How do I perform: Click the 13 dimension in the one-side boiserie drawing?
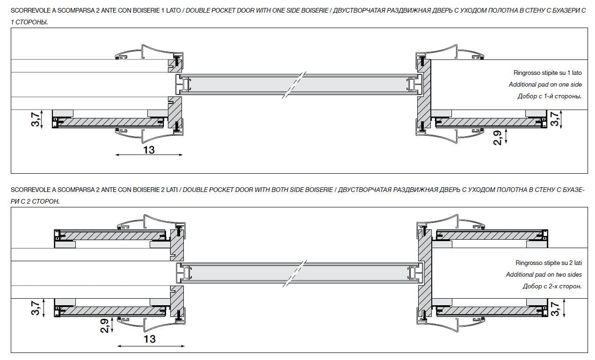click(149, 150)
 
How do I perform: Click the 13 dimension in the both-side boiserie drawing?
click(149, 338)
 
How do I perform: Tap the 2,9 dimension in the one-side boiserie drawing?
click(497, 138)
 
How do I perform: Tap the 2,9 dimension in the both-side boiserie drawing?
click(104, 326)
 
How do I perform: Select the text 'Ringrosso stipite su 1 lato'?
click(547, 73)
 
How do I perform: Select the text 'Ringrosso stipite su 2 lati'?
click(548, 263)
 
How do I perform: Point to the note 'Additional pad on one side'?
click(545, 85)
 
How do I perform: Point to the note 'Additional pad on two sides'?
click(544, 275)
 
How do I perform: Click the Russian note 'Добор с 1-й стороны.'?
click(549, 96)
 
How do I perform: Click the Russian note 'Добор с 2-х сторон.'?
click(552, 287)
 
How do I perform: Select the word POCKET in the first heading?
click(225, 10)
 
